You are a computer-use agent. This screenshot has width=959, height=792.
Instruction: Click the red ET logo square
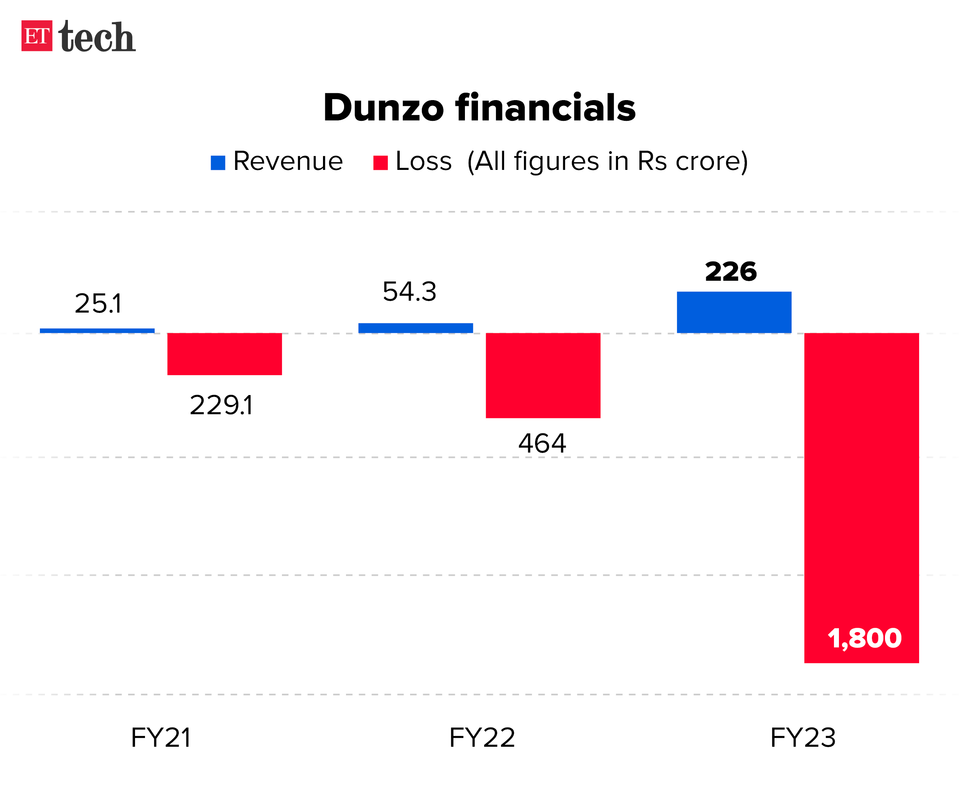coord(36,36)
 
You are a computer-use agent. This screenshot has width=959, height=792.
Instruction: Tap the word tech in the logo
coord(97,36)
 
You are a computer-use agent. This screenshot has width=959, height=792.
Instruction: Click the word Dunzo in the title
coord(383,108)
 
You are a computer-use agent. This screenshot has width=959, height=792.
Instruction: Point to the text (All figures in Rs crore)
coord(607,161)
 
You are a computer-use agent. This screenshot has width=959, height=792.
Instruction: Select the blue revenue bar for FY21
coord(97,331)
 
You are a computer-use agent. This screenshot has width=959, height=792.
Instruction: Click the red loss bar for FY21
coord(224,354)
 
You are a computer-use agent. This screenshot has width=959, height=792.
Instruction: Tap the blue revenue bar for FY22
coord(415,328)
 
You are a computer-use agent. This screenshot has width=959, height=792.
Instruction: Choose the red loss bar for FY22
coord(543,375)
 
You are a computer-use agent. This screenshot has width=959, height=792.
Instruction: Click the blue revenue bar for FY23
coord(733,312)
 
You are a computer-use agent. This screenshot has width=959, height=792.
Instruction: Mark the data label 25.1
coord(98,303)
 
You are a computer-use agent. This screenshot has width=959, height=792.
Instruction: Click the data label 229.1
coord(221,405)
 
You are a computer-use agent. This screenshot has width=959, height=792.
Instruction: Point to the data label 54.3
coord(409,291)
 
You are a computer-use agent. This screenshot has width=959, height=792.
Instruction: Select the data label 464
coord(542,443)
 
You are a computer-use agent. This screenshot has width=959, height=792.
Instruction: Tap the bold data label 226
coord(730,272)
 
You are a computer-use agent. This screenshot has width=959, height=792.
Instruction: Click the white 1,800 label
coord(864,638)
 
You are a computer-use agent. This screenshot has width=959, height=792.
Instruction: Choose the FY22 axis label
coord(482,738)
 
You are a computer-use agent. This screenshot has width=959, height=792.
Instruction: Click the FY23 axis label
coord(802,738)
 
